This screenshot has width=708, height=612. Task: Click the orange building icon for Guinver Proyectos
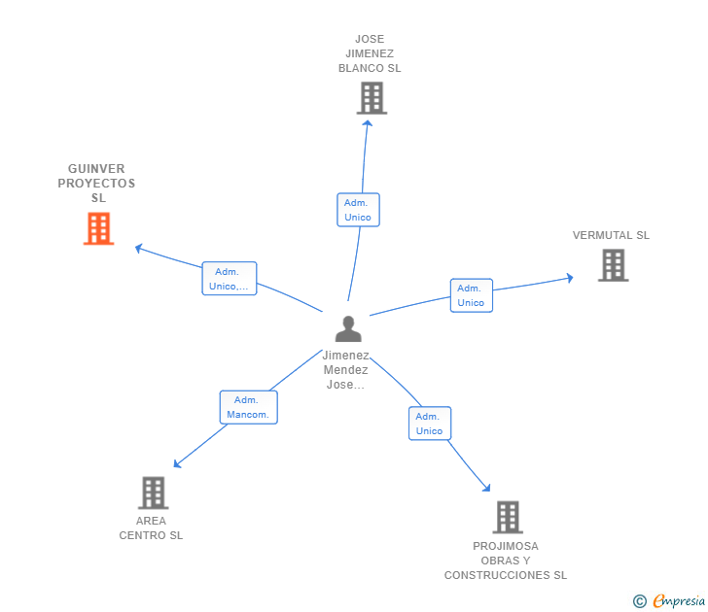(x=98, y=228)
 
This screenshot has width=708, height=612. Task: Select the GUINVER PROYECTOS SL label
(x=96, y=184)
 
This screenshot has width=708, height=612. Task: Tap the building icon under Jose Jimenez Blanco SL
(x=371, y=98)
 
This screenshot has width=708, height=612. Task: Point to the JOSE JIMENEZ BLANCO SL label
(x=370, y=54)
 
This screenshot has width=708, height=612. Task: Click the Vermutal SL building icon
(x=613, y=265)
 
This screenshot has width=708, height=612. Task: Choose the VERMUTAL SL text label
(x=611, y=236)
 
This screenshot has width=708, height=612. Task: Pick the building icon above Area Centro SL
(x=153, y=493)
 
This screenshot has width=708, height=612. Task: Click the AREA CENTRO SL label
(x=151, y=528)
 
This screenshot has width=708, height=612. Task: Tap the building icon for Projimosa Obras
(x=507, y=517)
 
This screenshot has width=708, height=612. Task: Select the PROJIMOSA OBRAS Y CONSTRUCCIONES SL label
(x=506, y=561)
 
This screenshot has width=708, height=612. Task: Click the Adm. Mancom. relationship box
(x=248, y=407)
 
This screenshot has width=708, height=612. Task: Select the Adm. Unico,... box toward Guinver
(x=230, y=279)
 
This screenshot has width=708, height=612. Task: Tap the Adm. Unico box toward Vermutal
(x=471, y=295)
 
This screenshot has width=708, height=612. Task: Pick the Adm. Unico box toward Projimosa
(x=429, y=424)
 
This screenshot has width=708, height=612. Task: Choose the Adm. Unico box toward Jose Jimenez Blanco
(x=358, y=210)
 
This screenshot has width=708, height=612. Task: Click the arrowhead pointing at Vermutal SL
(x=570, y=278)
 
